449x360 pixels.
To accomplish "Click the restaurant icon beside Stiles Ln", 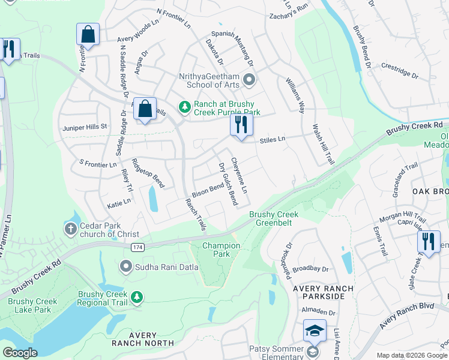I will click(x=241, y=125).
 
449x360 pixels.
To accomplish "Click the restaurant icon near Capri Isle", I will click(x=427, y=241).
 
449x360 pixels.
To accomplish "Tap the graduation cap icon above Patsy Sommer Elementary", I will click(x=315, y=331).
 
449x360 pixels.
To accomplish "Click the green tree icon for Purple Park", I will click(x=185, y=107).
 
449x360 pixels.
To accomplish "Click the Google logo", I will click(x=20, y=352).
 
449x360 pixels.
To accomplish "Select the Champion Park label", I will click(x=221, y=250).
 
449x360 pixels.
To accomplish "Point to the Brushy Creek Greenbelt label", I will click(x=274, y=218).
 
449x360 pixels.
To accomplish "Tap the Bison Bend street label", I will click(x=208, y=190).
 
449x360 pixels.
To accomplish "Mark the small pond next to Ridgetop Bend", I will click(x=152, y=199).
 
